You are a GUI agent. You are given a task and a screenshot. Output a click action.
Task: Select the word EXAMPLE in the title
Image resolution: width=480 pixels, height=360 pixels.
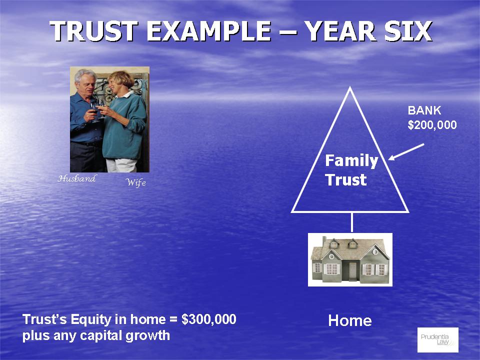pyautogui.click(x=209, y=31)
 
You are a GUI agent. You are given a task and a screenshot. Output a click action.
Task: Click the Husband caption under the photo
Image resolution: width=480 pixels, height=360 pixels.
pyautogui.click(x=77, y=178)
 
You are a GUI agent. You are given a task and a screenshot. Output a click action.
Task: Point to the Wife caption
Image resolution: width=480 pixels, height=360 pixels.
pyautogui.click(x=135, y=182)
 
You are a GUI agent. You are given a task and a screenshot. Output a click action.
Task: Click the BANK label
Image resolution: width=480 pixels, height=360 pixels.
pyautogui.click(x=424, y=110)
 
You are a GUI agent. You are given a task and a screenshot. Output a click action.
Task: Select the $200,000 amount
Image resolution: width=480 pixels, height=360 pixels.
pyautogui.click(x=432, y=125)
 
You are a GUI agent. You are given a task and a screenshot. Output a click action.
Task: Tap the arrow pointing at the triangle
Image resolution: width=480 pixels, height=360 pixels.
pyautogui.click(x=406, y=152)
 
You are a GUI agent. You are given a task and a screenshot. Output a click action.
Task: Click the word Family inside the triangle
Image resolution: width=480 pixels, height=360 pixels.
pyautogui.click(x=351, y=160)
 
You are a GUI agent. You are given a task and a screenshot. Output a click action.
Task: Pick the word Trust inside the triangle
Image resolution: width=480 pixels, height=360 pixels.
pyautogui.click(x=346, y=179)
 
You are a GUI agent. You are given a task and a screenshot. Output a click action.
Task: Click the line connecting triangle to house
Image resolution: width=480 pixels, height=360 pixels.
pyautogui.click(x=351, y=222)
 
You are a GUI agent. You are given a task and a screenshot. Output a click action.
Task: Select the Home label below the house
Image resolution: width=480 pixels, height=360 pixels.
pyautogui.click(x=350, y=320)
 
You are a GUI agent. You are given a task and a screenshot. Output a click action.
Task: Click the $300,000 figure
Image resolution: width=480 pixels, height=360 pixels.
pyautogui.click(x=209, y=319)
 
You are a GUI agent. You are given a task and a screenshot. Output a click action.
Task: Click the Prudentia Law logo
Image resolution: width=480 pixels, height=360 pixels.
pyautogui.click(x=438, y=340)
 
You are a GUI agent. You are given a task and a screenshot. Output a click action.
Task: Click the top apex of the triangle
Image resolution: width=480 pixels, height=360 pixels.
pyautogui.click(x=350, y=87)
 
